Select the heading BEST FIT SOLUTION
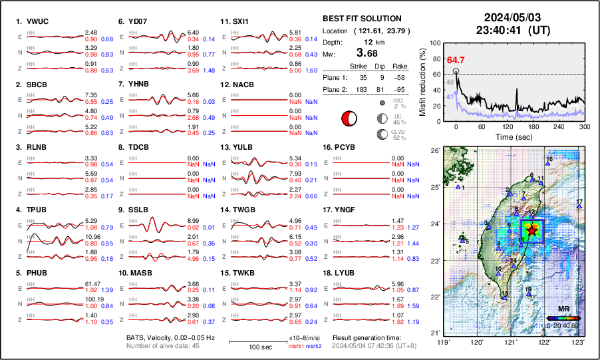tap(362, 19)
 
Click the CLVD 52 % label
tap(398, 134)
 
